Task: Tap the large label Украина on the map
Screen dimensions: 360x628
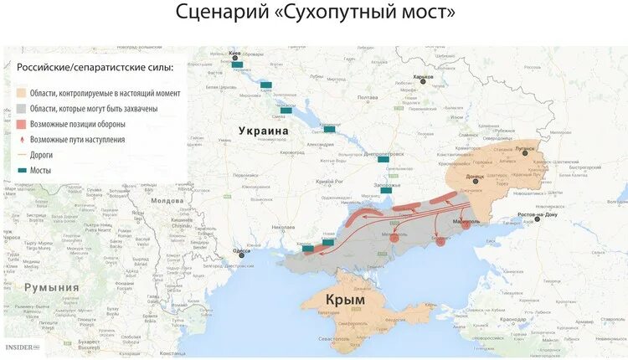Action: [263, 131]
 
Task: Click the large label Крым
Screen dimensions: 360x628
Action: [347, 299]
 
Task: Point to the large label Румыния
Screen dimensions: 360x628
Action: [51, 287]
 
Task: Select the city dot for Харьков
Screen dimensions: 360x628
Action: [416, 83]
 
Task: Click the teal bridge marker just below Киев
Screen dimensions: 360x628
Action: [237, 64]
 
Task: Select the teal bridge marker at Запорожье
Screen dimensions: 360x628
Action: [386, 191]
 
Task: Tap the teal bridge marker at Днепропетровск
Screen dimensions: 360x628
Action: [383, 158]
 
